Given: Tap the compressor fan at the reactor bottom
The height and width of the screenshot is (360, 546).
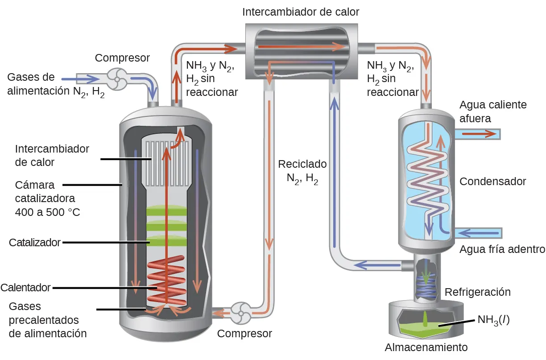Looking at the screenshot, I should [241, 313].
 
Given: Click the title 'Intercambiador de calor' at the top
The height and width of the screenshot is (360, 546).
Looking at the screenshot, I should [301, 12].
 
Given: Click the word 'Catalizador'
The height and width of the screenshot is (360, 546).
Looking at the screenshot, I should [35, 243].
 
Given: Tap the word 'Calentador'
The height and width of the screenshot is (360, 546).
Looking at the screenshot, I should [26, 288].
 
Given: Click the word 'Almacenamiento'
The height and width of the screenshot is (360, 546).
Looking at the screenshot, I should [426, 348].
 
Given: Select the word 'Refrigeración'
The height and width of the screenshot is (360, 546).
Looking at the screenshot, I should [477, 292].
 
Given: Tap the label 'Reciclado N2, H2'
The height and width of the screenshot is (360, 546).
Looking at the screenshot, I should [302, 172].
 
